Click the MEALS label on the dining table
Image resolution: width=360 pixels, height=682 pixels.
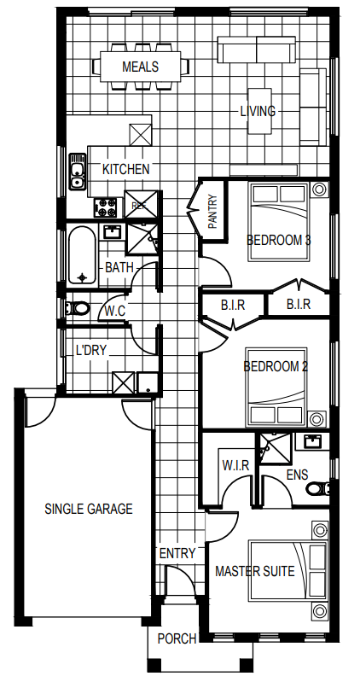[141, 67]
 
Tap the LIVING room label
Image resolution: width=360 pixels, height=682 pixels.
[258, 111]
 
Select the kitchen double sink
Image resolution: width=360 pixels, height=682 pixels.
[77, 172]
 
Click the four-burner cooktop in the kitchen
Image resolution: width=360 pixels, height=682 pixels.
[106, 207]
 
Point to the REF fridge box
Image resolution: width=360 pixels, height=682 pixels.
[141, 204]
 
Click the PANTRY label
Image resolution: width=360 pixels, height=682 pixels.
[213, 212]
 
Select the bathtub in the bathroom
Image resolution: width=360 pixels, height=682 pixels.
[81, 255]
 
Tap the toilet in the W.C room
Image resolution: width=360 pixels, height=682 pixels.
[78, 308]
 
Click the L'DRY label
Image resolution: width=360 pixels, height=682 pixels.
[91, 350]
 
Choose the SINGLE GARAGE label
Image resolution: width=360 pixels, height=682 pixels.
[88, 509]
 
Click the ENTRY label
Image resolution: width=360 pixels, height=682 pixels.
[177, 553]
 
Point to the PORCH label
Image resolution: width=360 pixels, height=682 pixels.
[177, 638]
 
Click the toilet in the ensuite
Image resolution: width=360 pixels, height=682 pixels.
[318, 488]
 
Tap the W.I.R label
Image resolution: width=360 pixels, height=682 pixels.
[235, 465]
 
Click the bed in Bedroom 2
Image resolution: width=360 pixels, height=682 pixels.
[276, 387]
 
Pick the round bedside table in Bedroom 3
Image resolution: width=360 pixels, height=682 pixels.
[319, 189]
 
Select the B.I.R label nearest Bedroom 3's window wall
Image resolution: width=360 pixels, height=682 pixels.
[299, 304]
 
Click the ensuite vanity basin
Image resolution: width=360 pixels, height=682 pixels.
[312, 441]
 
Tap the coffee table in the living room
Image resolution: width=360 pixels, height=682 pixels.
[260, 111]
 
